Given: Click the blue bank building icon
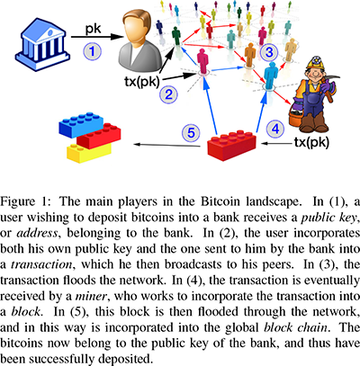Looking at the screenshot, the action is pyautogui.click(x=42, y=44).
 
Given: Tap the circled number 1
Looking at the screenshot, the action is pyautogui.click(x=92, y=51).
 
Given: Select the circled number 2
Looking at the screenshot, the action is pyautogui.click(x=168, y=94).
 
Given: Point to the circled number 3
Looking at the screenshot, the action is pyautogui.click(x=269, y=51).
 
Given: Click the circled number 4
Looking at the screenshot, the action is pyautogui.click(x=275, y=129).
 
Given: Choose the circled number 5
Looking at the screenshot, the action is pyautogui.click(x=191, y=132).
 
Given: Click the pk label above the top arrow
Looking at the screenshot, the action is pyautogui.click(x=94, y=30).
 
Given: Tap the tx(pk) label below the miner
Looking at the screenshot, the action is pyautogui.click(x=311, y=143).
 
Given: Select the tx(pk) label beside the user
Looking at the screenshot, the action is pyautogui.click(x=141, y=82).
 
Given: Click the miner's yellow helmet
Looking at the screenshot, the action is pyautogui.click(x=314, y=63).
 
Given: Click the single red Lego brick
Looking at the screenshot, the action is pyautogui.click(x=232, y=145).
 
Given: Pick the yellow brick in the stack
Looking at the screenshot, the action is pyautogui.click(x=88, y=153).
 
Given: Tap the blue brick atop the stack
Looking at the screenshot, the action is pyautogui.click(x=81, y=124).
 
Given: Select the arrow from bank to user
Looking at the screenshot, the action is pyautogui.click(x=97, y=37).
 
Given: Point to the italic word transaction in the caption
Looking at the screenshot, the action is pyautogui.click(x=41, y=264).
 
